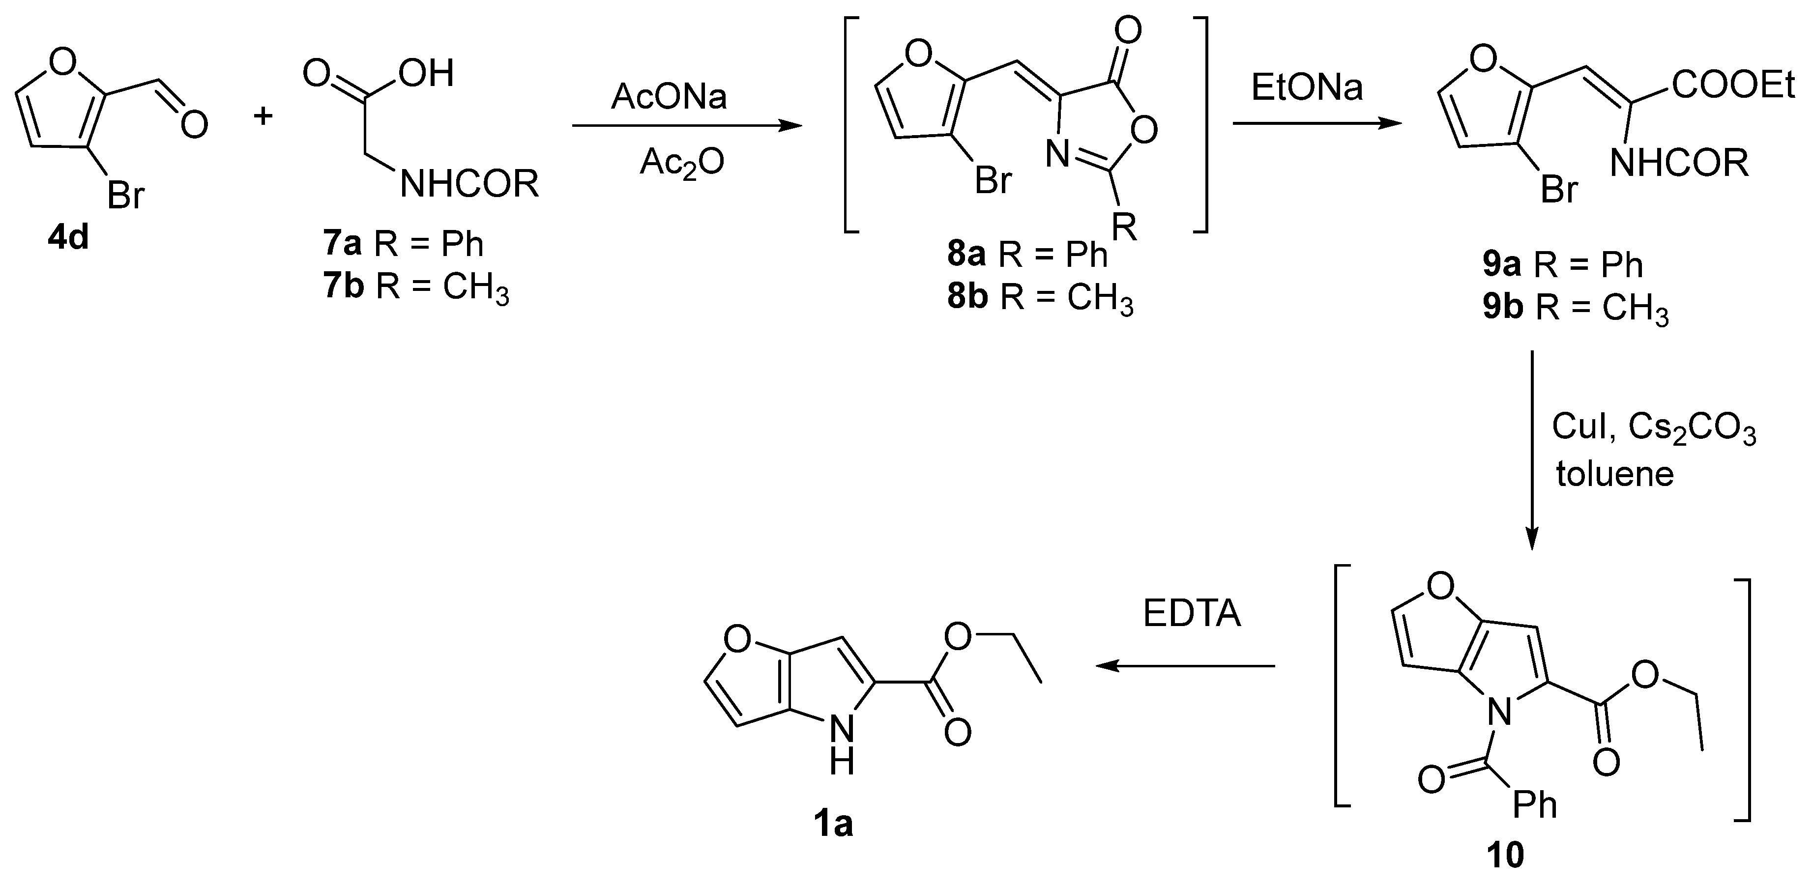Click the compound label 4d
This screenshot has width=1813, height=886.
68,238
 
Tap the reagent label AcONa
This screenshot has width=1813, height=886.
669,96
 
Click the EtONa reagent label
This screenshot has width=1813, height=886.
1307,87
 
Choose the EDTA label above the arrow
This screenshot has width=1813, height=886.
1192,614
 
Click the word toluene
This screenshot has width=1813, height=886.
1614,474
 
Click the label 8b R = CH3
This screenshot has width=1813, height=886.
1040,298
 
